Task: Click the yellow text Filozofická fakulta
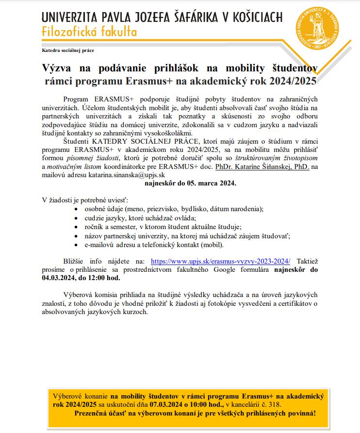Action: [89, 33]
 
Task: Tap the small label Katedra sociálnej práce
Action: [68, 50]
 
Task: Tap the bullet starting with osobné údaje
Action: [174, 209]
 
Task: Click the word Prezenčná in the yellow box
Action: [94, 413]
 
